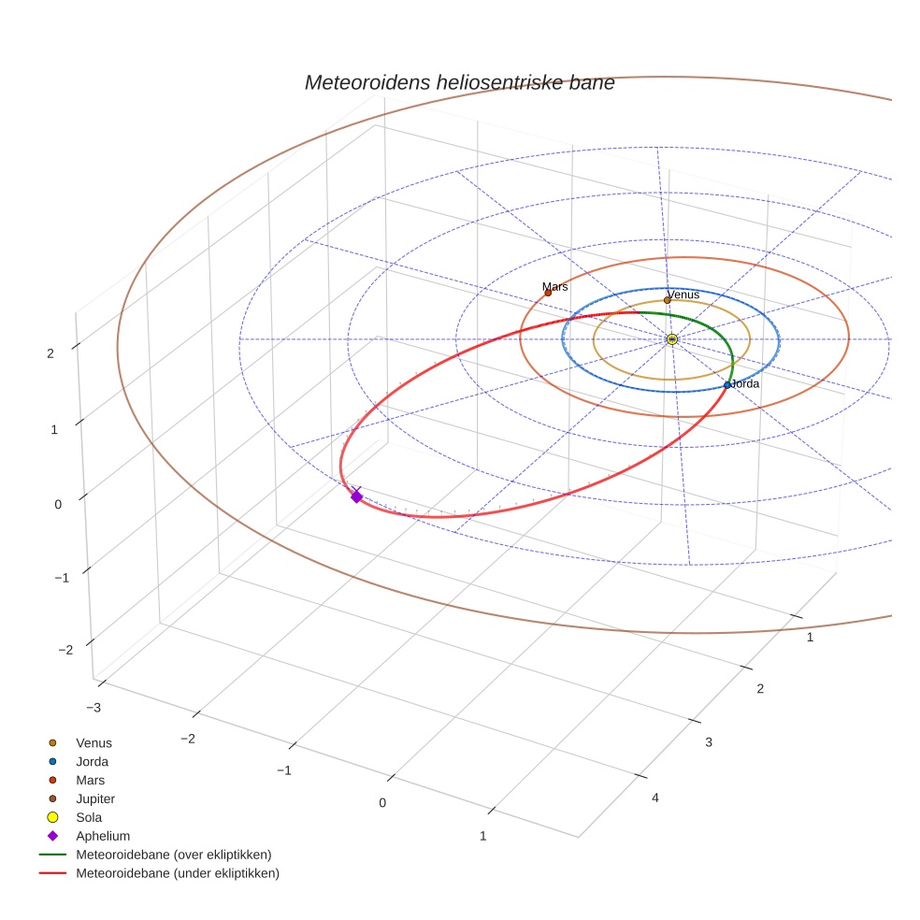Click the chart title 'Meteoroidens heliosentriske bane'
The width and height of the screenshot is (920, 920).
pyautogui.click(x=459, y=82)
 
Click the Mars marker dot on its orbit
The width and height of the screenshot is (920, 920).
pyautogui.click(x=548, y=294)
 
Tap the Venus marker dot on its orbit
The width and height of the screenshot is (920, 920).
pyautogui.click(x=667, y=300)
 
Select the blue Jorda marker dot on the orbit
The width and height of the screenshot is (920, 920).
pyautogui.click(x=727, y=385)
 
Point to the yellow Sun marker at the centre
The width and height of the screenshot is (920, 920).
pyautogui.click(x=672, y=338)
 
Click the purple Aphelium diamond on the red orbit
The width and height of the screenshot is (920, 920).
pyautogui.click(x=356, y=496)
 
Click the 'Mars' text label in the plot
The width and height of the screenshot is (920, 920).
pyautogui.click(x=555, y=287)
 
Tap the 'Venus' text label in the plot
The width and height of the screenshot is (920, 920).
pyautogui.click(x=684, y=295)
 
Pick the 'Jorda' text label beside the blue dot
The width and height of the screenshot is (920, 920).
pyautogui.click(x=745, y=383)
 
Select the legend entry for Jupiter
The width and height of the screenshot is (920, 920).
pyautogui.click(x=95, y=798)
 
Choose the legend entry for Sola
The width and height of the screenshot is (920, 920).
pyautogui.click(x=90, y=817)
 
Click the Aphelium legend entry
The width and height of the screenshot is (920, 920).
pyautogui.click(x=103, y=836)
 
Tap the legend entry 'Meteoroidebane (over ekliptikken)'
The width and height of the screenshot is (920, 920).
pyautogui.click(x=174, y=855)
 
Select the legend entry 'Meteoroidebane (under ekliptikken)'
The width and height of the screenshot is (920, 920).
pyautogui.click(x=178, y=873)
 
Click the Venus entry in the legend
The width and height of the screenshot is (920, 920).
pyautogui.click(x=93, y=742)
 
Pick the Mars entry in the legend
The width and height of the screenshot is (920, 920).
pyautogui.click(x=91, y=780)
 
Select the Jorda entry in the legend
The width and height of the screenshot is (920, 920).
pyautogui.click(x=93, y=761)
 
